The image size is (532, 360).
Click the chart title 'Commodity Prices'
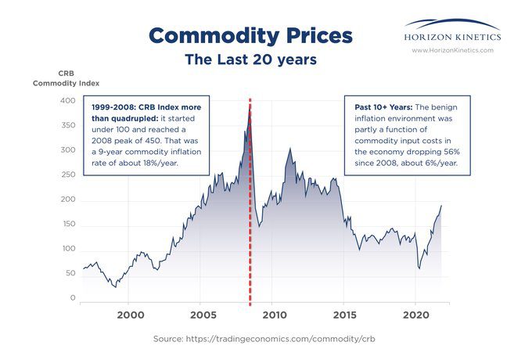click(250, 35)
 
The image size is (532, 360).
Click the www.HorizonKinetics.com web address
click(453, 49)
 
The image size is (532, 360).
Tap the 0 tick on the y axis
click(72, 298)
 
